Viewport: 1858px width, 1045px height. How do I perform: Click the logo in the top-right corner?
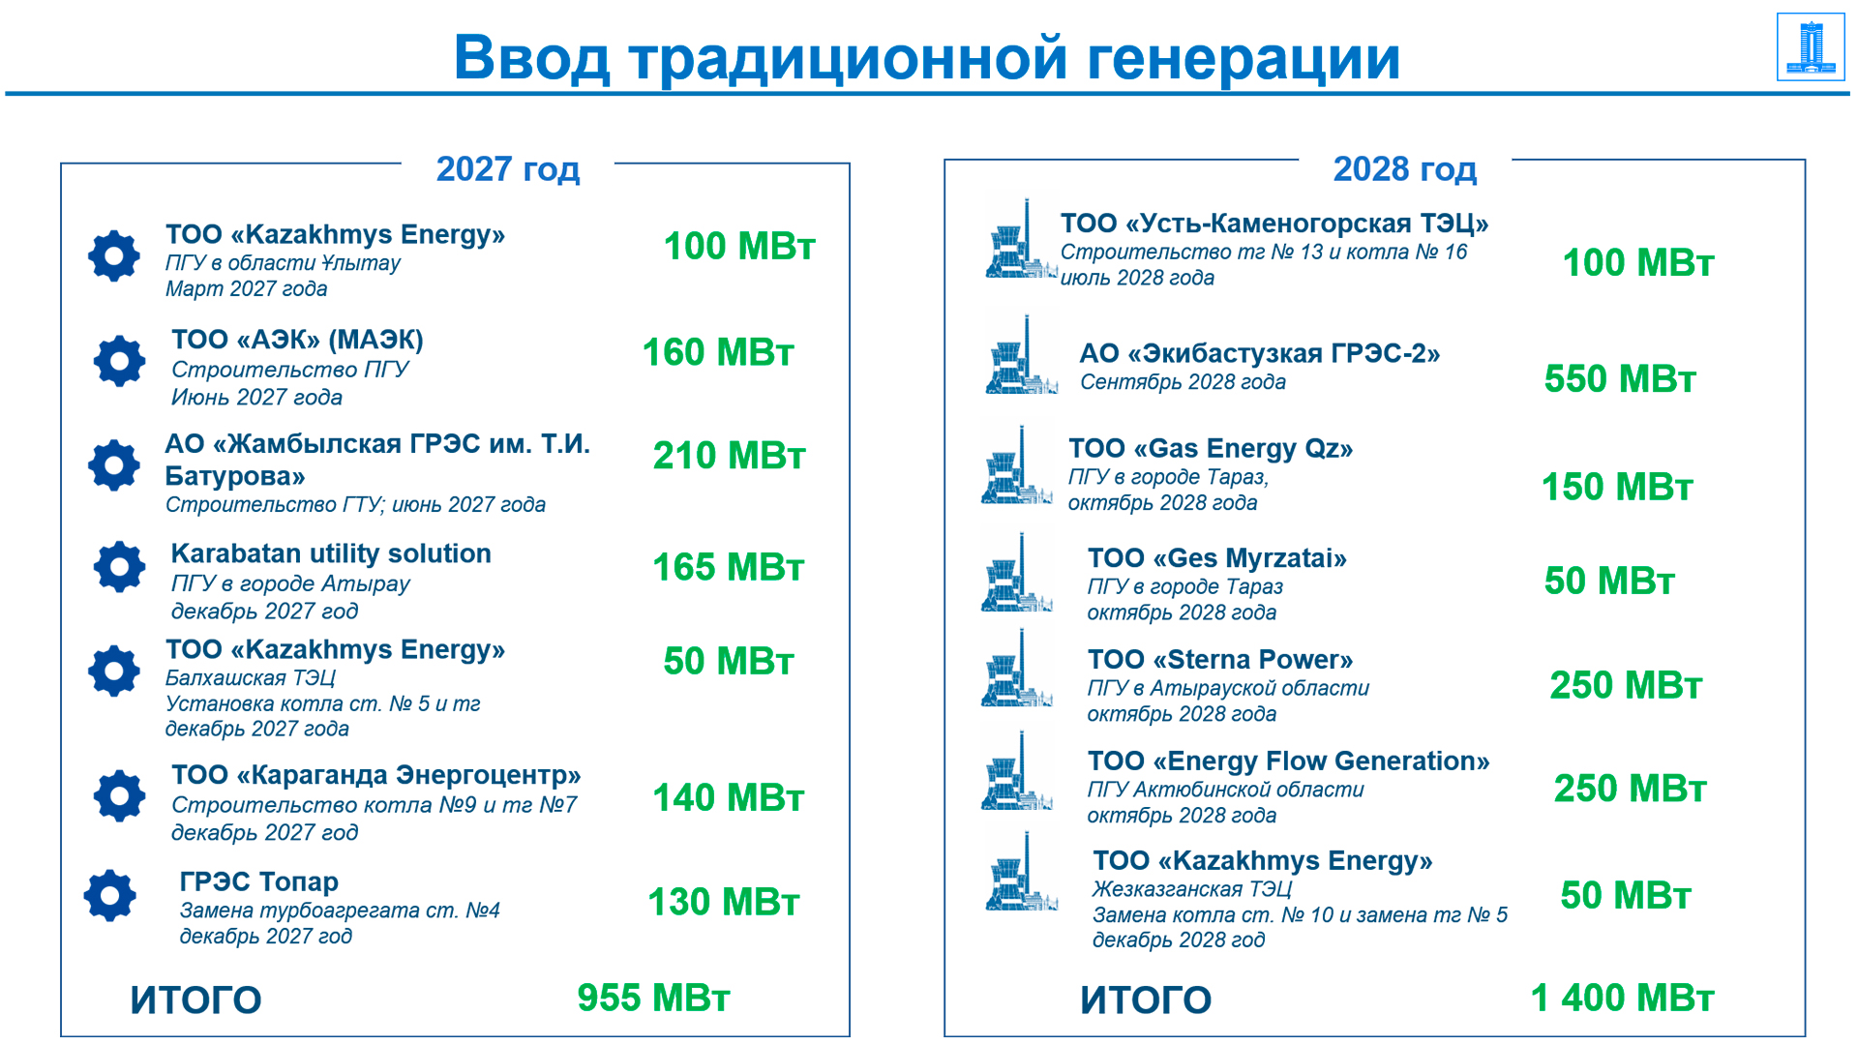1811,46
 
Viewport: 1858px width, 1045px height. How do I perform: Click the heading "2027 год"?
508,169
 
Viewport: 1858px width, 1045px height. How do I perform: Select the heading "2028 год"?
1405,169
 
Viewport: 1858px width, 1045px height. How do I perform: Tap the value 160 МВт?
718,352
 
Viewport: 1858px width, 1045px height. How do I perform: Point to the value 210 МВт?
729,456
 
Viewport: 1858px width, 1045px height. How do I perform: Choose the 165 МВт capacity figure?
729,567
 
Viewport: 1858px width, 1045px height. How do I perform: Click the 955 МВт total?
654,998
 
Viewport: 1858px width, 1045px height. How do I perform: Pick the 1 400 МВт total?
1622,998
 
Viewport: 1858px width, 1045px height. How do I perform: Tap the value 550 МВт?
1620,378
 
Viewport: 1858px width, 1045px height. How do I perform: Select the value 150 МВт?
1617,487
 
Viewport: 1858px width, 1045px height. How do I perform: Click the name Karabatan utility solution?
331,553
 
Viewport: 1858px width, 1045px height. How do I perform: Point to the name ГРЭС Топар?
259,881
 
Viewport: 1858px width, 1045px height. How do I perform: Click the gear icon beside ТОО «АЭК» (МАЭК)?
120,361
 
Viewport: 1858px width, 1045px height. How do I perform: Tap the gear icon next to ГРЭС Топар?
110,895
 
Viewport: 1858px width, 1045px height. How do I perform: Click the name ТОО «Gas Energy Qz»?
1211,449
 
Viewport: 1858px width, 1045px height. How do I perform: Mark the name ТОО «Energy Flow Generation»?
1288,761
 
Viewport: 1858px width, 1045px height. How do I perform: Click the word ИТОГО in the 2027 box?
196,1000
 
